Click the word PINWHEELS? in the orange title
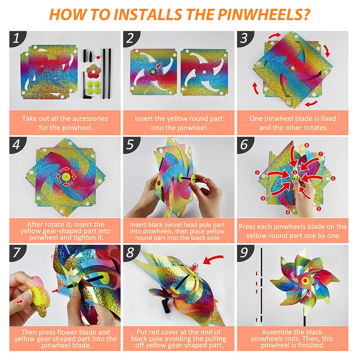tap(264, 15)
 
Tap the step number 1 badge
tap(17, 38)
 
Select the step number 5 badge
tap(130, 144)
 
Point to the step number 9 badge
tap(244, 252)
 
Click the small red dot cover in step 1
tap(98, 57)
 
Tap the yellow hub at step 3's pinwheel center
tap(292, 68)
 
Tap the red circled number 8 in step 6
tap(307, 145)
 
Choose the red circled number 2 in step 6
tap(257, 173)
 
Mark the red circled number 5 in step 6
tap(319, 208)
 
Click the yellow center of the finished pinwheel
tap(305, 280)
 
